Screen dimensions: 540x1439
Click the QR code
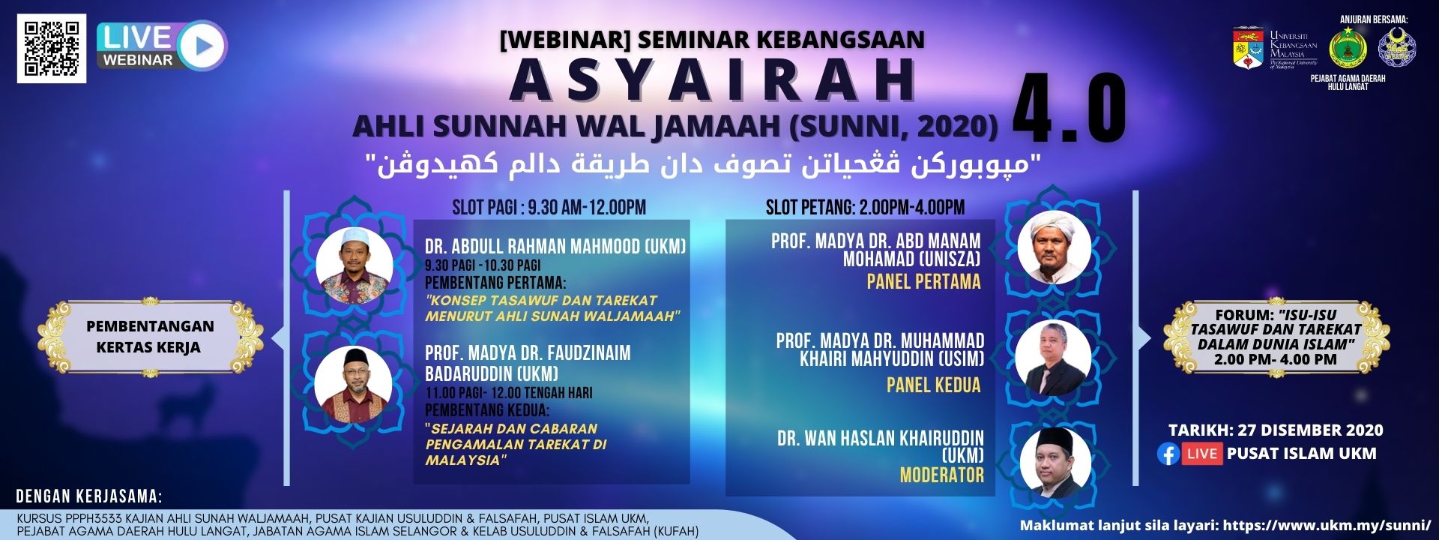coord(52,49)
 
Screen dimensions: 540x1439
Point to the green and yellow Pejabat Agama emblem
coord(1348,49)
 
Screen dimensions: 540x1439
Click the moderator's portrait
coord(1053,462)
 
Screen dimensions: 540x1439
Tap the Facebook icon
coord(1168,454)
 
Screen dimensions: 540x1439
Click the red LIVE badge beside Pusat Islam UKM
coord(1202,454)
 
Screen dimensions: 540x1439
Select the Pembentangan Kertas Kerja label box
coord(150,337)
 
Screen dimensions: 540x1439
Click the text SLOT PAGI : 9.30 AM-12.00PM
coord(549,207)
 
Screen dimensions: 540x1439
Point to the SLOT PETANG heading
coord(865,207)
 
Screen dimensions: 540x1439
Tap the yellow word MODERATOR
coord(941,475)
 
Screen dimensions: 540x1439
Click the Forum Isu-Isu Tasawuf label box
coord(1276,337)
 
